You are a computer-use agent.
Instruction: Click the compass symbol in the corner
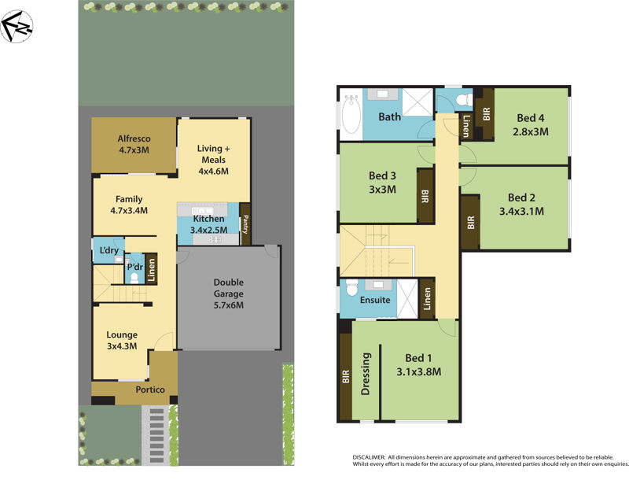click(17, 28)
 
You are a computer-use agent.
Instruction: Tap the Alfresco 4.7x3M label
click(134, 144)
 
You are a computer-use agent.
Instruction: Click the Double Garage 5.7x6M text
click(229, 294)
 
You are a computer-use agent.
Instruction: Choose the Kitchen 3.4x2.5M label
click(209, 224)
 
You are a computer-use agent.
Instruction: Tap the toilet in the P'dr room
click(134, 277)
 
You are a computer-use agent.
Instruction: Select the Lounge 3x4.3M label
click(122, 340)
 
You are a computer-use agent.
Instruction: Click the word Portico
click(149, 390)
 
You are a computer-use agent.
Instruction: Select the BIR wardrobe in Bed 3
click(425, 195)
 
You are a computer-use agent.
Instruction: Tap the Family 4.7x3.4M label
click(129, 205)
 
